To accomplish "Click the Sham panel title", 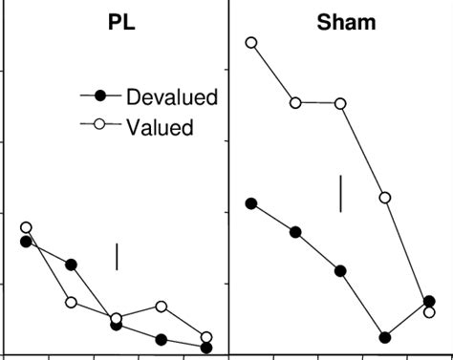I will click(x=346, y=22).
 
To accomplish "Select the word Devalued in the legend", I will click(x=173, y=96).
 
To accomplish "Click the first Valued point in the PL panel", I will click(x=26, y=227).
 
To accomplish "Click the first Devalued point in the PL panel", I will click(x=26, y=242).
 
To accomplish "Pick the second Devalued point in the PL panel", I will click(x=72, y=265).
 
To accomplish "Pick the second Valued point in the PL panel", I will click(x=72, y=302).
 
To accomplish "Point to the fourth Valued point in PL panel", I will click(x=162, y=307).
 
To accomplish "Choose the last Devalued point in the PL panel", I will click(x=206, y=348).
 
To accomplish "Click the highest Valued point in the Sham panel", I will click(x=251, y=42).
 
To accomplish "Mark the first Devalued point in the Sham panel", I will click(x=251, y=203).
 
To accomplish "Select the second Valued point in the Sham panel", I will click(x=296, y=102).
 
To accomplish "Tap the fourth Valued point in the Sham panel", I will click(x=385, y=198).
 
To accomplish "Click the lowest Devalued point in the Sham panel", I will click(x=385, y=337).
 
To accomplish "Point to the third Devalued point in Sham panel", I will click(x=340, y=271).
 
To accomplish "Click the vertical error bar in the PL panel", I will click(x=117, y=256).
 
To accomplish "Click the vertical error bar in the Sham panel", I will click(x=340, y=194).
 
